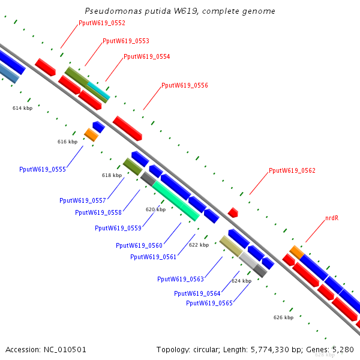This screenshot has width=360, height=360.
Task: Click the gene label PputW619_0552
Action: pyautogui.click(x=102, y=23)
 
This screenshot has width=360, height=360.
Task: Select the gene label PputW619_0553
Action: pyautogui.click(x=126, y=41)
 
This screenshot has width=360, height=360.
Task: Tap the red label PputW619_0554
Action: pyautogui.click(x=147, y=57)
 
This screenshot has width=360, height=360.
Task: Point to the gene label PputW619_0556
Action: pyautogui.click(x=185, y=85)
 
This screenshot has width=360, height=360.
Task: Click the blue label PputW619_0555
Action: pyautogui.click(x=43, y=169)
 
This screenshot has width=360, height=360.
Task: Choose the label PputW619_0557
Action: pyautogui.click(x=83, y=200)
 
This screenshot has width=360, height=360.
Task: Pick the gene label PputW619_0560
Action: pyautogui.click(x=139, y=245)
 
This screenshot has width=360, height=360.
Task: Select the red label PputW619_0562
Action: pyautogui.click(x=292, y=170)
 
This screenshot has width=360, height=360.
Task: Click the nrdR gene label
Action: pyautogui.click(x=332, y=218)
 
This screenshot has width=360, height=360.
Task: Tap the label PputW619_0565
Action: pyautogui.click(x=209, y=303)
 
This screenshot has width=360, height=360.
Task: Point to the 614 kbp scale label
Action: pyautogui.click(x=23, y=108)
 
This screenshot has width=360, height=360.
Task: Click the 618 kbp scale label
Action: pyautogui.click(x=112, y=175)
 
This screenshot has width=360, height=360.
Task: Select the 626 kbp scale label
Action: pyautogui.click(x=283, y=317)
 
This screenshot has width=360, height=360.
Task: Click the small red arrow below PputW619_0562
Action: pyautogui.click(x=233, y=212)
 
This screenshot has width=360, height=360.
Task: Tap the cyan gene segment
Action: pyautogui.click(x=99, y=90)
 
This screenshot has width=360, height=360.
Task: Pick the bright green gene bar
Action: pyautogui.click(x=176, y=201)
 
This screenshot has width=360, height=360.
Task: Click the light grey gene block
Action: pyautogui.click(x=248, y=260)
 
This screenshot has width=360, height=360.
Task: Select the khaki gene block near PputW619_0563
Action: pyautogui.click(x=231, y=246)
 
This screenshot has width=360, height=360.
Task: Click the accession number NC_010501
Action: pyautogui.click(x=65, y=350)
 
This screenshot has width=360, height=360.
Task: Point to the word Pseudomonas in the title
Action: pyautogui.click(x=113, y=11)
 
